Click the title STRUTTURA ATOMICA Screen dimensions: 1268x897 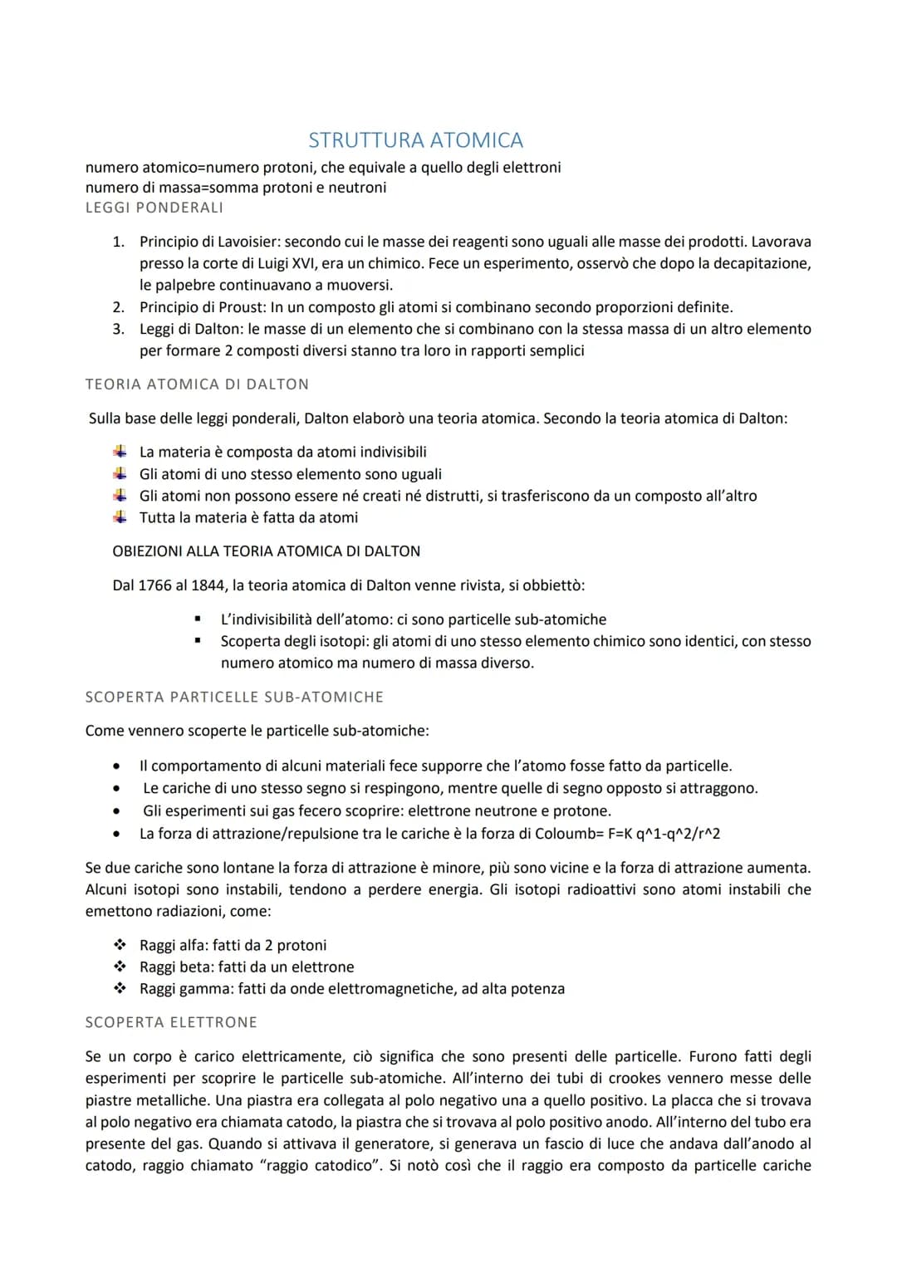(415, 140)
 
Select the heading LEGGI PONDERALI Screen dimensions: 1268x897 (154, 208)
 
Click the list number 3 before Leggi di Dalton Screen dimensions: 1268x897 (119, 329)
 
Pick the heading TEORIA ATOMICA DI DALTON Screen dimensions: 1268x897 (197, 384)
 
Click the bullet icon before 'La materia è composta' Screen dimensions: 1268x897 (120, 452)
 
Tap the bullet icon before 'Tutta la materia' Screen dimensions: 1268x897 (120, 517)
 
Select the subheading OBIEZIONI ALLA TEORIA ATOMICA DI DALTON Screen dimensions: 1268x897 (266, 551)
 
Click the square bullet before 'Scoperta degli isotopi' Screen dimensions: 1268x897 (198, 641)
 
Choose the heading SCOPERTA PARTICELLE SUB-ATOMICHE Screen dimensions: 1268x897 (234, 698)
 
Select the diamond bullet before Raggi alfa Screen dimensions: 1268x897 (120, 945)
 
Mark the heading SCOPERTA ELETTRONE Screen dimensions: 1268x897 (171, 1023)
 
